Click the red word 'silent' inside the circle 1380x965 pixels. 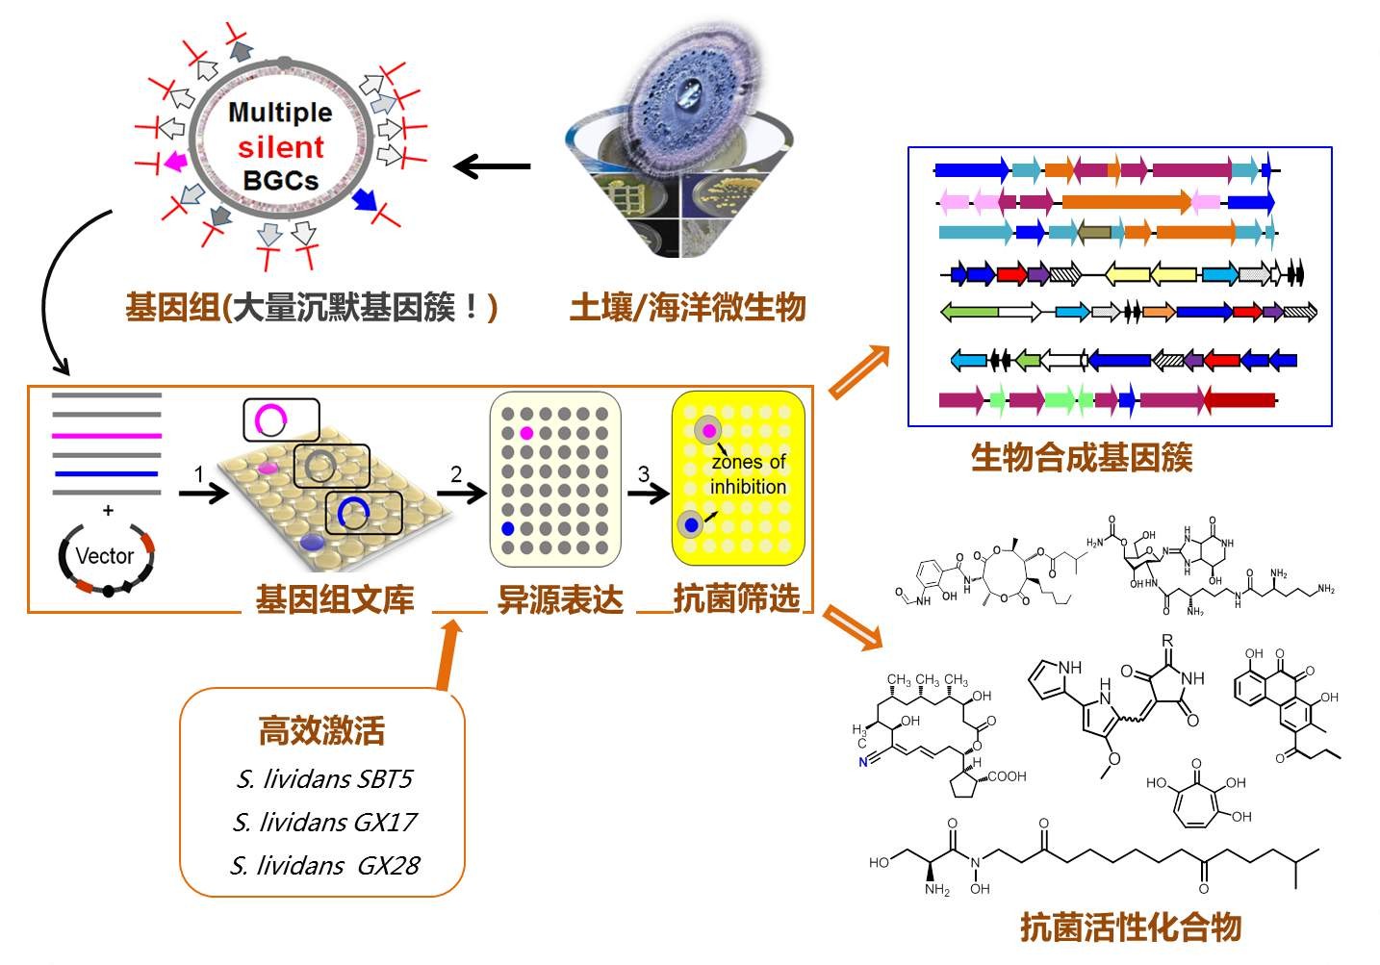click(x=281, y=147)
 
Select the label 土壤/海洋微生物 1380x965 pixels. click(x=687, y=307)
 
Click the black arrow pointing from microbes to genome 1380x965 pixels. click(x=492, y=166)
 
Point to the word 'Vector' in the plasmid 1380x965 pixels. click(x=104, y=556)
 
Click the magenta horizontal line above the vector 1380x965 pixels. click(x=107, y=435)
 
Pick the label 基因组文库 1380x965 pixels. click(x=334, y=598)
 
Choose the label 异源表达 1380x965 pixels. click(x=560, y=598)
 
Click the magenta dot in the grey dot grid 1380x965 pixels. click(x=526, y=433)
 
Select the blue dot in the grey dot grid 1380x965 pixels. click(x=508, y=529)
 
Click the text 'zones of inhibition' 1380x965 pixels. click(x=748, y=474)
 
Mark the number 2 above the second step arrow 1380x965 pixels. click(x=456, y=474)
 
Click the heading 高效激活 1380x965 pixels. click(x=321, y=730)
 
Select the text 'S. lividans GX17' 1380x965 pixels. click(x=324, y=823)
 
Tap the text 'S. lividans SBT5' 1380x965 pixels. click(x=324, y=778)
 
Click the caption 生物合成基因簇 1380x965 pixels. click(x=1082, y=456)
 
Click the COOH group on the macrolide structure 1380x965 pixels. click(x=1007, y=776)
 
